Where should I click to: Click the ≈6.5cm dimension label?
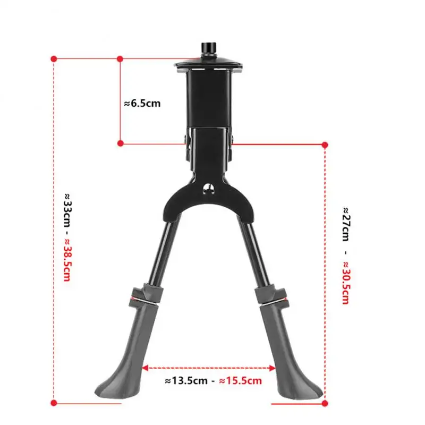tap(142, 104)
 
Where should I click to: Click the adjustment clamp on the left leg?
tap(143, 294)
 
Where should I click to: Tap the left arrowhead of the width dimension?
tap(145, 368)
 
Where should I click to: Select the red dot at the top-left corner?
tap(54, 58)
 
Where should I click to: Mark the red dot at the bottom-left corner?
tap(54, 402)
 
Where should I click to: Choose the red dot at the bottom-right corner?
tap(325, 402)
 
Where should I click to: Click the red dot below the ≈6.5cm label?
tap(121, 143)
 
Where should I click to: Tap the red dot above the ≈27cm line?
tap(325, 144)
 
